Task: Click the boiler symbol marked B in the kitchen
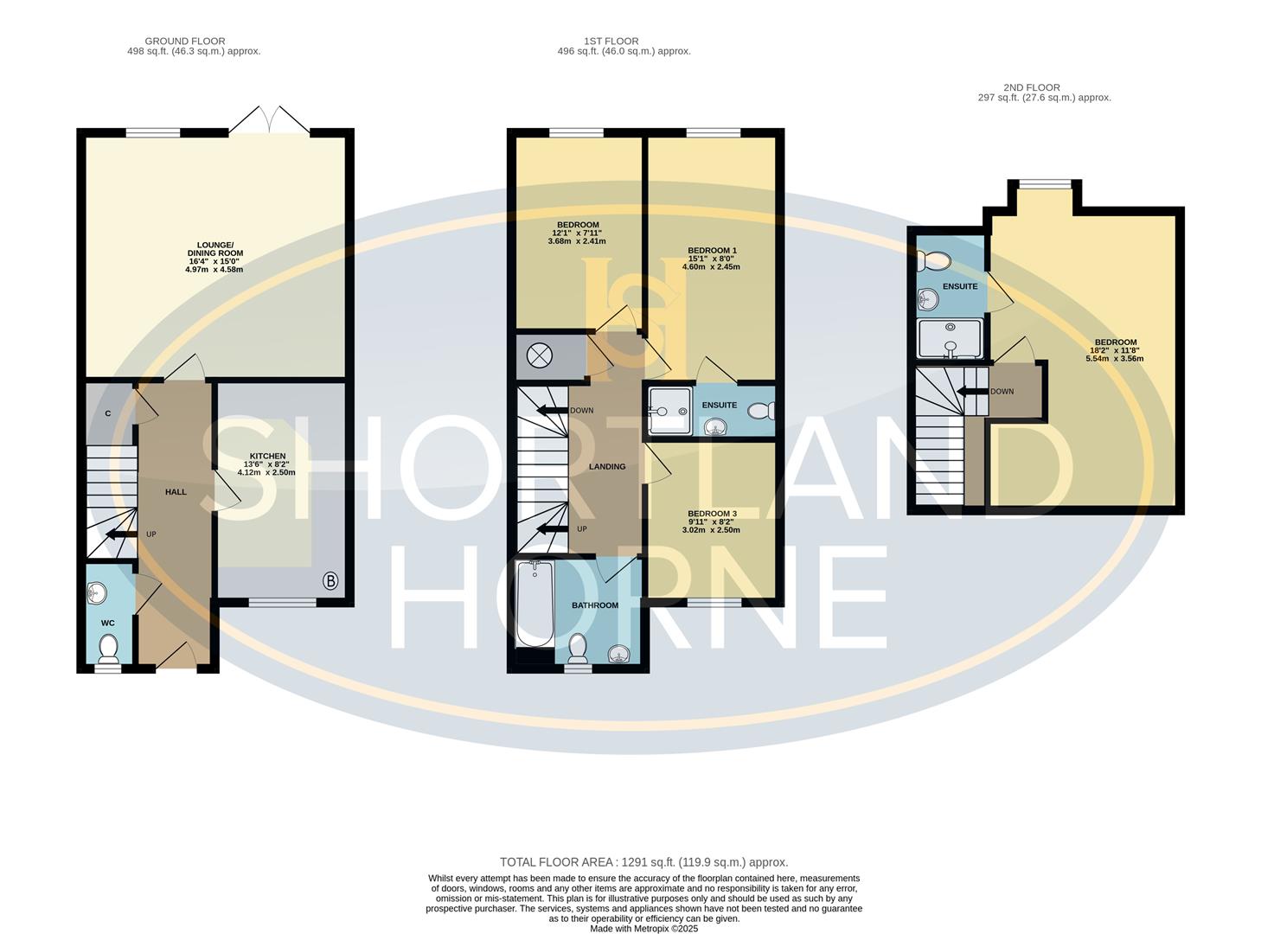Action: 330,581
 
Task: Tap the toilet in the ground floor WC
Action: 109,647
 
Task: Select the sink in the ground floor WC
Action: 98,593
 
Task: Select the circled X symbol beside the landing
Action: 541,355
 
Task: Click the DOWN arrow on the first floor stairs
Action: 551,411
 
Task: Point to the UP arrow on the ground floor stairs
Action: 120,534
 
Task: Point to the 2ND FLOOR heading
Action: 1031,87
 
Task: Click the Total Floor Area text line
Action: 643,862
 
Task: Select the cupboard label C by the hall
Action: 108,413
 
